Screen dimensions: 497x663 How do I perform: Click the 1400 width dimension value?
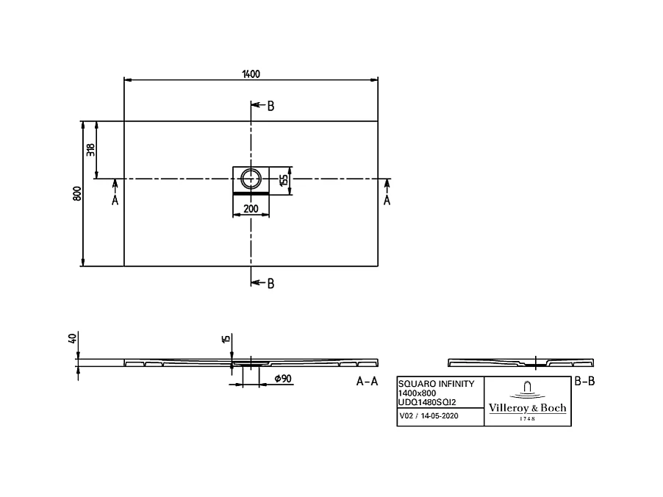point(251,73)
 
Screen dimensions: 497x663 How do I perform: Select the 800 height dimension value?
point(76,193)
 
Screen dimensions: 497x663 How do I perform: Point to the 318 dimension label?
point(90,150)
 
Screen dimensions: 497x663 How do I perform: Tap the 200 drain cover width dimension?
point(251,210)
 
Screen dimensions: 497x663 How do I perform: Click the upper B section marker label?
point(270,107)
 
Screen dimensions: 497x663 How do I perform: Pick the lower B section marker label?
point(270,284)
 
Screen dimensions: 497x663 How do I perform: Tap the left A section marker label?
point(115,200)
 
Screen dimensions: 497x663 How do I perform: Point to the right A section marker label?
point(387,200)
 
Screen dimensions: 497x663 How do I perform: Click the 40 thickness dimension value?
point(72,339)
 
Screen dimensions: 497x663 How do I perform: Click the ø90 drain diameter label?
point(283,379)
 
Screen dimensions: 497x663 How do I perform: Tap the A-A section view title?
point(367,382)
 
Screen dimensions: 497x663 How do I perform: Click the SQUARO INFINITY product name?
point(431,384)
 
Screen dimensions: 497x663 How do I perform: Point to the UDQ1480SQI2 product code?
point(426,403)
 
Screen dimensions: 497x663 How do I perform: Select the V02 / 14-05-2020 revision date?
point(429,416)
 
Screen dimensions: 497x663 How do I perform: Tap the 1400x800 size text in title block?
point(415,393)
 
